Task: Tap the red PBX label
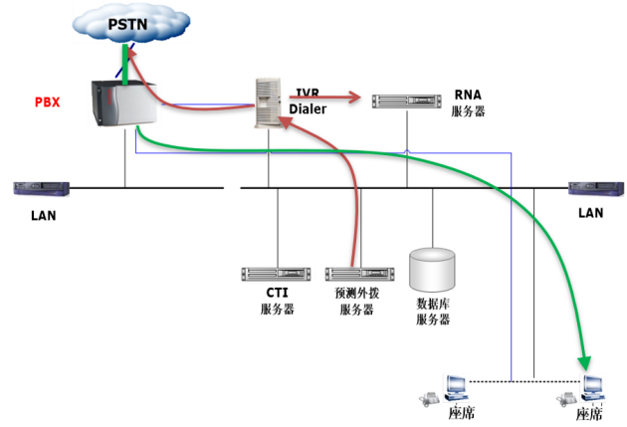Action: [47, 103]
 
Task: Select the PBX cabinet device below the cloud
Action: [123, 103]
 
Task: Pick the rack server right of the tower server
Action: [407, 102]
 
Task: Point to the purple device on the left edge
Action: [41, 189]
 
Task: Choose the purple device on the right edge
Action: [596, 189]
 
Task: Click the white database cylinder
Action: [432, 270]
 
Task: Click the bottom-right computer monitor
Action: [594, 386]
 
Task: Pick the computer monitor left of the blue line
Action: [457, 386]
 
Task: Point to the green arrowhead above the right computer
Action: [585, 362]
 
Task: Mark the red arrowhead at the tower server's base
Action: [285, 121]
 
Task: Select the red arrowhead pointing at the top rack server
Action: [354, 97]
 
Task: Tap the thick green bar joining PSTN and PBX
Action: [124, 61]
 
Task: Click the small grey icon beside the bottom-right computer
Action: [566, 398]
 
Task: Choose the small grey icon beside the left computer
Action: [429, 398]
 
